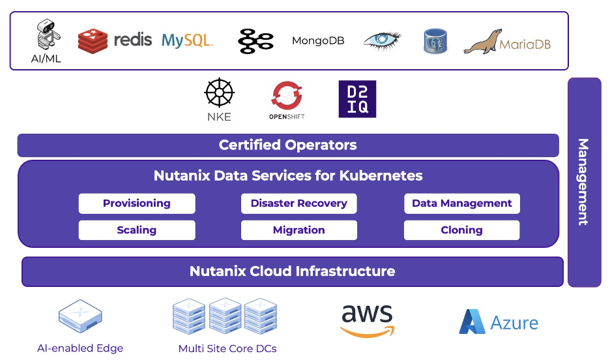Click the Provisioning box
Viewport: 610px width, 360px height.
[137, 203]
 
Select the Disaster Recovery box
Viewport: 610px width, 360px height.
[299, 203]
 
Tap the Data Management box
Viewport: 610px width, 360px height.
[461, 203]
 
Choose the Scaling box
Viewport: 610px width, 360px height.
[137, 230]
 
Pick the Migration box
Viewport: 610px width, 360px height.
[299, 230]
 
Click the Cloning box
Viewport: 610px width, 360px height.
[461, 230]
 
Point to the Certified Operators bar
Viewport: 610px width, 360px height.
[288, 145]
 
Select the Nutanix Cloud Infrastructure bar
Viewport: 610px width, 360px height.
[293, 271]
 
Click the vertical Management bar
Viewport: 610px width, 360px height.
[584, 182]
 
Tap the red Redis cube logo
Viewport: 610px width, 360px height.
[93, 41]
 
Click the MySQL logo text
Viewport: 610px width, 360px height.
[187, 40]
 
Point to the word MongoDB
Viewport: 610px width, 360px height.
[318, 41]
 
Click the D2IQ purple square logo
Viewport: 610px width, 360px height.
[357, 99]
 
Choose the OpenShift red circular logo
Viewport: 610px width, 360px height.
[287, 96]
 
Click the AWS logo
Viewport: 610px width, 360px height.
[367, 321]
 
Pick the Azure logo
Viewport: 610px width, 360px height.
[499, 322]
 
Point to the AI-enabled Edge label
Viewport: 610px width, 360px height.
[80, 348]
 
